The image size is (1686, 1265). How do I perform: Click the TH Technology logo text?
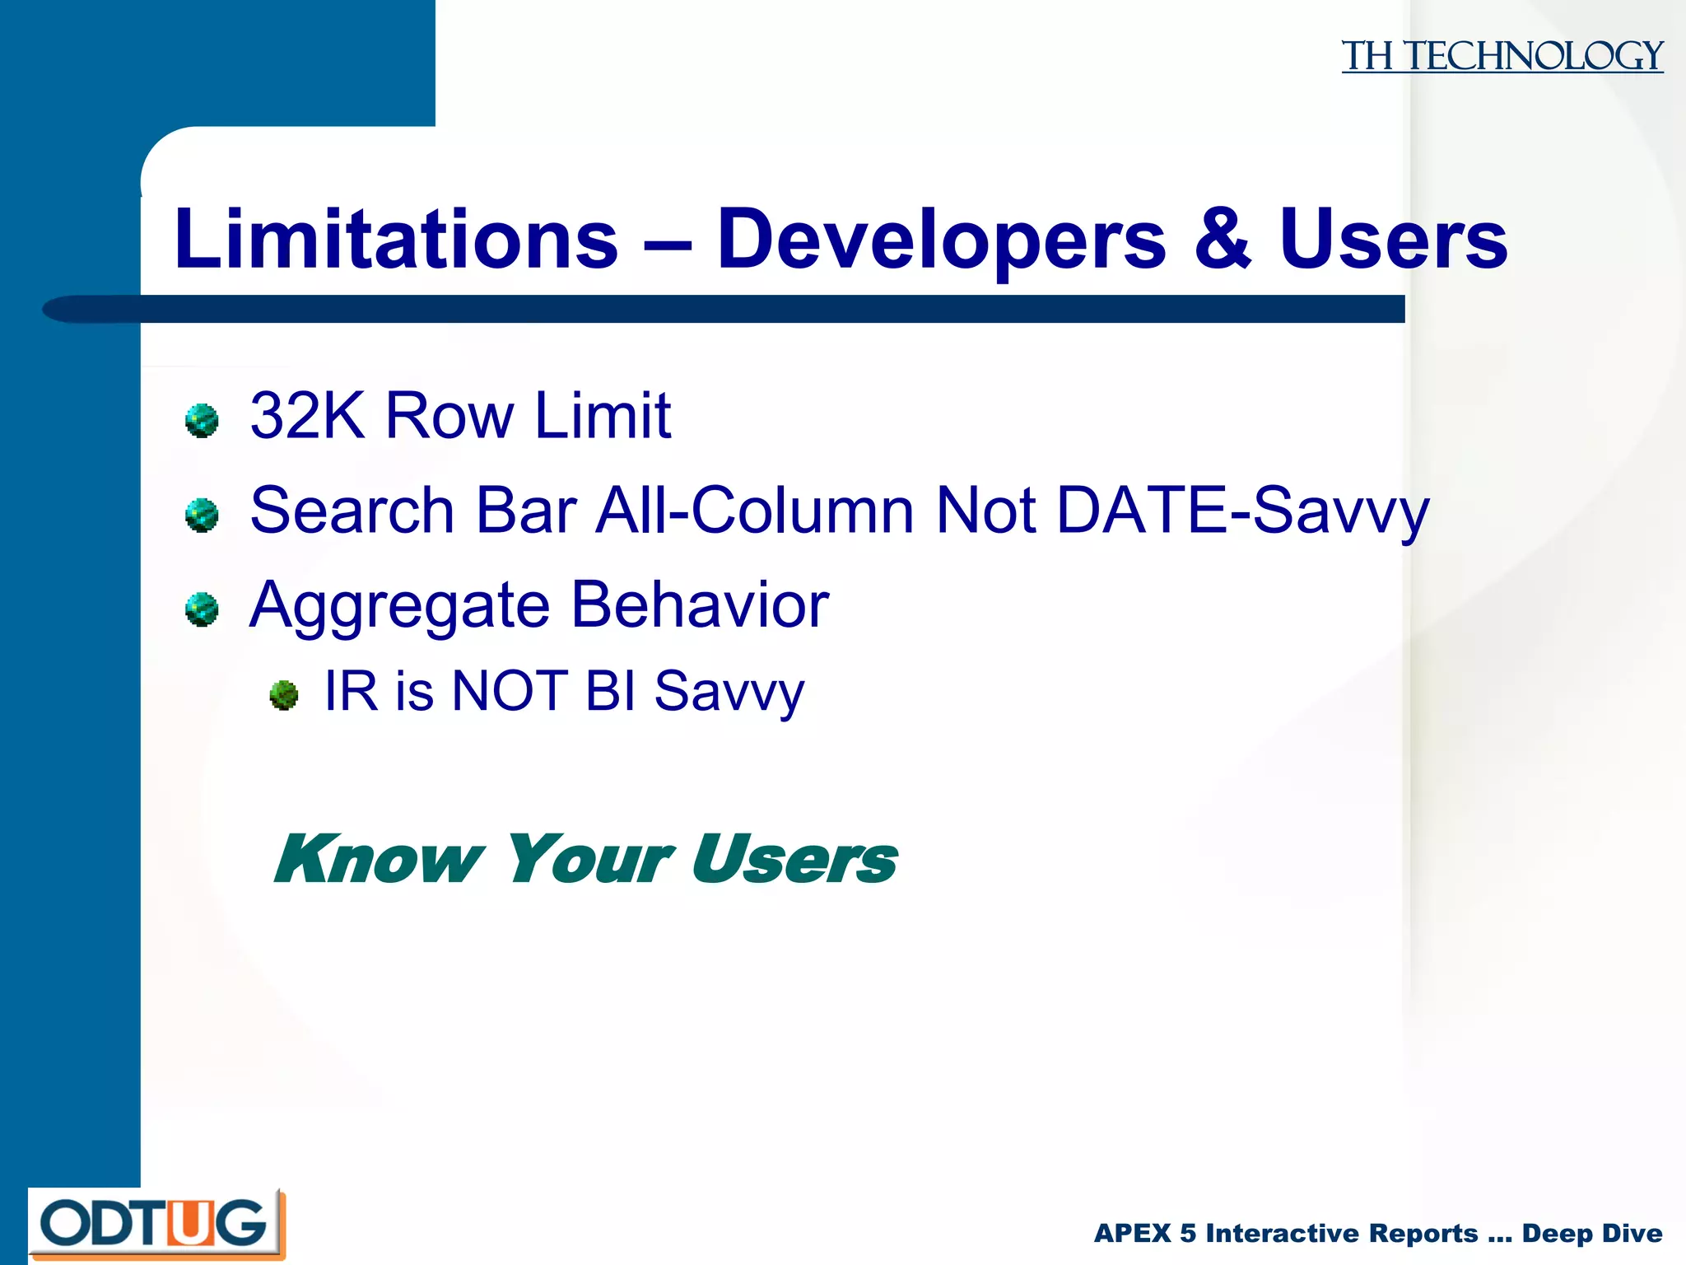click(x=1502, y=56)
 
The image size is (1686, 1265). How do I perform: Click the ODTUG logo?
click(x=156, y=1224)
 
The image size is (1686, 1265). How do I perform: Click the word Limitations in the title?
click(x=396, y=240)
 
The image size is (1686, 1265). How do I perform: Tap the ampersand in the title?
click(x=1223, y=240)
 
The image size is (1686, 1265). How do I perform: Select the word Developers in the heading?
click(x=941, y=240)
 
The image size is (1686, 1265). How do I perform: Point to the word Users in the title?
click(x=1393, y=240)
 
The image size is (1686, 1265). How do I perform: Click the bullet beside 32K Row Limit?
click(x=202, y=420)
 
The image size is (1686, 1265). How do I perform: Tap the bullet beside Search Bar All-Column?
click(x=202, y=516)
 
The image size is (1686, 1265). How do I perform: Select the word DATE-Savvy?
click(x=1242, y=511)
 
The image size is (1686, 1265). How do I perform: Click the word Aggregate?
click(x=399, y=606)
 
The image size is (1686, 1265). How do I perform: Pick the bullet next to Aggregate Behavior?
click(x=202, y=609)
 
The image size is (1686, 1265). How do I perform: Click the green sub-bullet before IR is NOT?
click(x=284, y=695)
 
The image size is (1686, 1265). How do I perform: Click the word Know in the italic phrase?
click(x=379, y=860)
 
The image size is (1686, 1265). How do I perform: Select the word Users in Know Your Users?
click(x=794, y=860)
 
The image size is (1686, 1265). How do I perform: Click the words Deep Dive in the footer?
click(x=1591, y=1234)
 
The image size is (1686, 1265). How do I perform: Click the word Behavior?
click(x=700, y=606)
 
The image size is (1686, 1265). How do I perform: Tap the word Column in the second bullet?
click(x=802, y=511)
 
